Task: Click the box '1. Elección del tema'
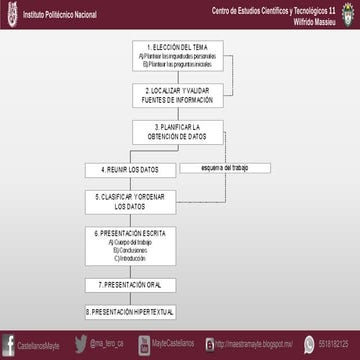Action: pyautogui.click(x=178, y=55)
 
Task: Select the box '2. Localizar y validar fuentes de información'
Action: pyautogui.click(x=178, y=94)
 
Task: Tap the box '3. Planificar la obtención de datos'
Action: pyautogui.click(x=178, y=132)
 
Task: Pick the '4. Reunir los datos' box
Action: pyautogui.click(x=130, y=169)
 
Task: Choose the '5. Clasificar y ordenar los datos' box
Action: pyautogui.click(x=130, y=201)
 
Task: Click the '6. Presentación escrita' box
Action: pyautogui.click(x=130, y=245)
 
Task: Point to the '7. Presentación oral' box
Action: pyautogui.click(x=130, y=285)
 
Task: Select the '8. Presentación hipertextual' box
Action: pyautogui.click(x=130, y=312)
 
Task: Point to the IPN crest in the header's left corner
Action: pyautogui.click(x=8, y=14)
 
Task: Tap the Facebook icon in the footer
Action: pyautogui.click(x=10, y=343)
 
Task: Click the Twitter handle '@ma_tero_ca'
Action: pyautogui.click(x=107, y=343)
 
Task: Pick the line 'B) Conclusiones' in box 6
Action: pyautogui.click(x=130, y=250)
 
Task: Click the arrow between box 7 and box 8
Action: pyautogui.click(x=130, y=299)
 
